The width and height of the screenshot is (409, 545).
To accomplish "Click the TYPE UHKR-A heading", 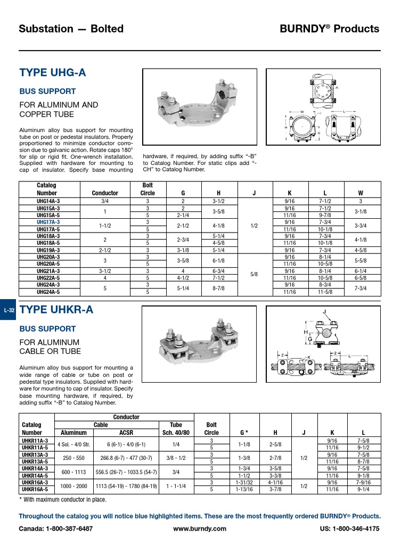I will point(56,310).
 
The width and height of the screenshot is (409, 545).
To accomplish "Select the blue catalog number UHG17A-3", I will point(48,222).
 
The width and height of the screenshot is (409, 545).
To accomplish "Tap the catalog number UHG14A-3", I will point(48,201).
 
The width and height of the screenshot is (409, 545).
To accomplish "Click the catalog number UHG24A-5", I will point(48,292).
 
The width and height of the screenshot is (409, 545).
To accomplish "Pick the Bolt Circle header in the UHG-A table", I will point(147,189).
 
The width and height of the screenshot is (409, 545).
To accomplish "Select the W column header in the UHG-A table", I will point(360,193).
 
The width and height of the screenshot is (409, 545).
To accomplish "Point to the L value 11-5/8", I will point(325,292).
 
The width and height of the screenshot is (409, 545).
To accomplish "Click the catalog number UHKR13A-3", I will point(35,455).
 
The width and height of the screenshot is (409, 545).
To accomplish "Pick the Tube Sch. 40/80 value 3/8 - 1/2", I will point(175,458).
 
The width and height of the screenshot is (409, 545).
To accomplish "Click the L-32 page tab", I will point(9,310).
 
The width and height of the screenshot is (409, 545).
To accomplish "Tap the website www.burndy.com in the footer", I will point(200,529).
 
